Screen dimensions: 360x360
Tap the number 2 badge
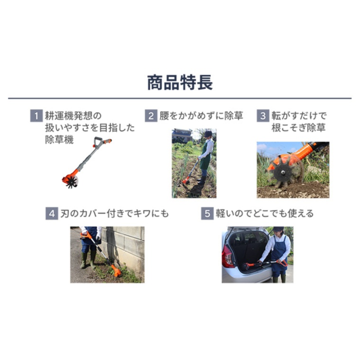[151, 116]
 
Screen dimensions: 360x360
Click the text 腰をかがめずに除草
[201, 116]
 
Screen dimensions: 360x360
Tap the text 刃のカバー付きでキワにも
[114, 214]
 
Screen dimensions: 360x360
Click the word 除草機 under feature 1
[59, 140]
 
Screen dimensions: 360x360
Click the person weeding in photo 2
[205, 156]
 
